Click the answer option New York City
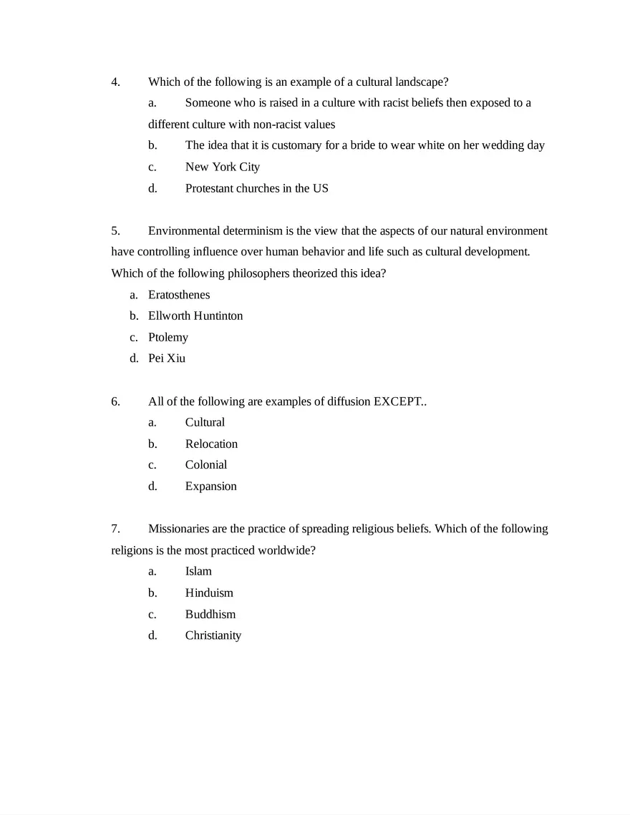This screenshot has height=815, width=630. click(x=222, y=167)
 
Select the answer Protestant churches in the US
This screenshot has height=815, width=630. click(x=256, y=188)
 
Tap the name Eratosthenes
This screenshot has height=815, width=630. click(x=179, y=294)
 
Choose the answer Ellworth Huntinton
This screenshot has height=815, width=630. click(x=195, y=316)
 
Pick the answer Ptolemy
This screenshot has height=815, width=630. click(x=168, y=337)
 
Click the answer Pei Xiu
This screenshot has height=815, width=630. click(x=167, y=358)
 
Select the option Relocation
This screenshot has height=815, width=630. click(x=211, y=444)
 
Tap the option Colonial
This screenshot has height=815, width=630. click(x=206, y=464)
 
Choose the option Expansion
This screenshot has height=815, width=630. click(x=210, y=486)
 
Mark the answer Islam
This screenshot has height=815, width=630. click(x=198, y=571)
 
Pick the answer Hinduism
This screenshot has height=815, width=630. click(x=209, y=592)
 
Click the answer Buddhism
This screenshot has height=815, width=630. click(x=210, y=614)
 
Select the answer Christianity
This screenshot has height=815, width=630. click(x=213, y=635)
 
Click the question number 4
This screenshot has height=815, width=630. click(x=115, y=82)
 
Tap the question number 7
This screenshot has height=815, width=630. click(x=115, y=529)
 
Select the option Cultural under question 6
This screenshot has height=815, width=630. click(x=205, y=422)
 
